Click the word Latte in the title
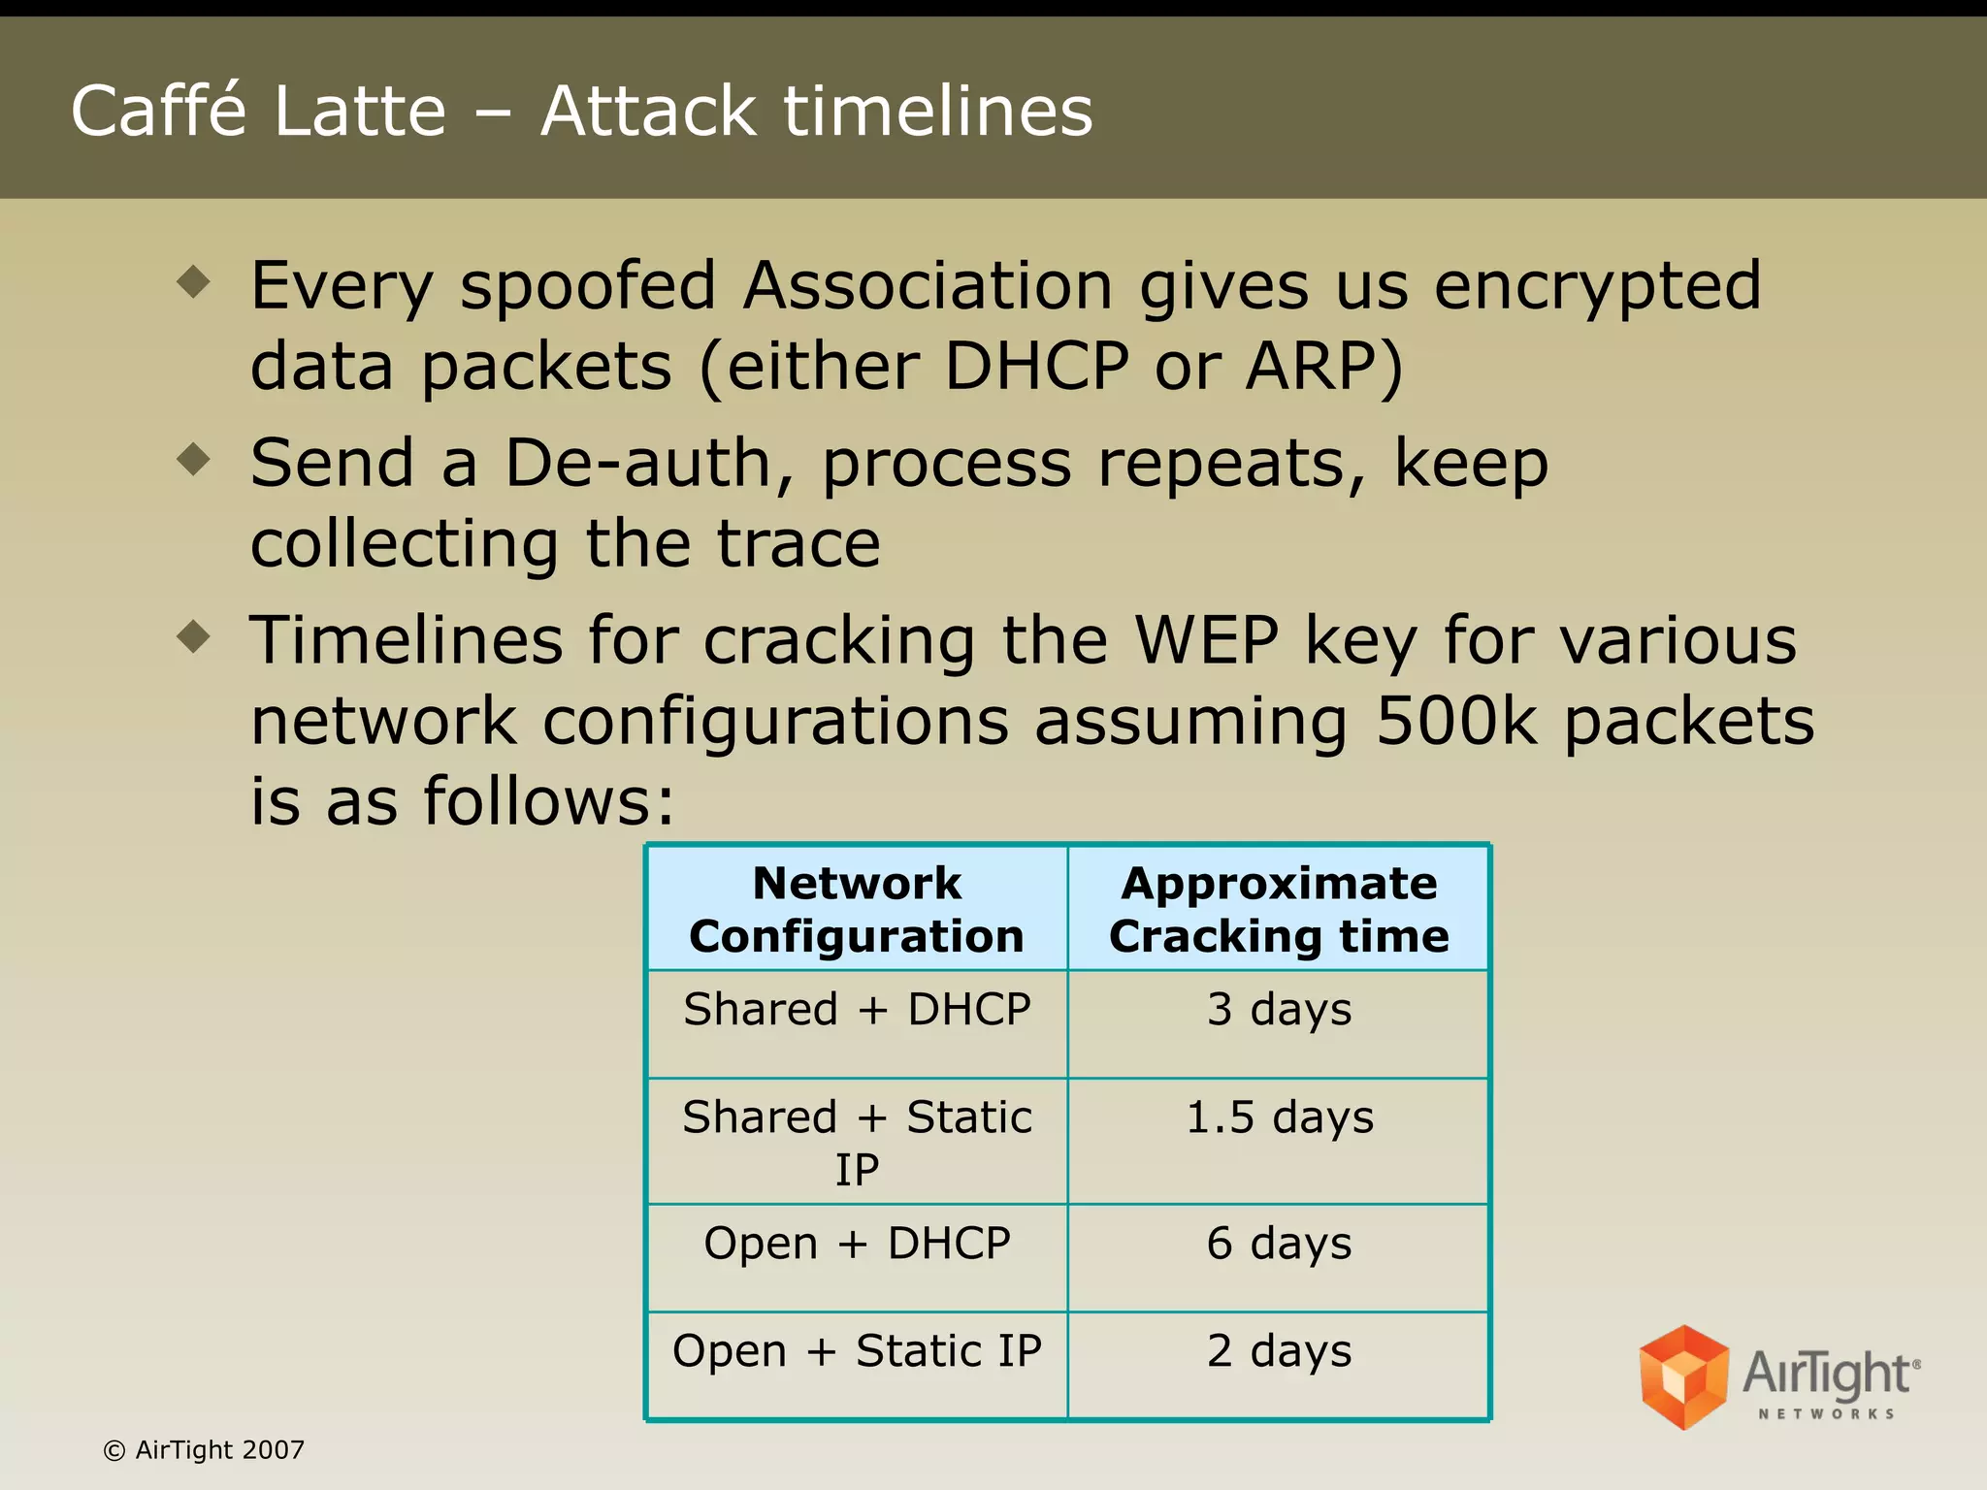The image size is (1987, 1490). pyautogui.click(x=359, y=111)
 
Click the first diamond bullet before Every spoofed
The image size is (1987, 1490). pyautogui.click(x=194, y=282)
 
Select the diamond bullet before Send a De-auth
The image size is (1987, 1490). pyautogui.click(x=194, y=459)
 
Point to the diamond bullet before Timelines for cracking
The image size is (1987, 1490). pyautogui.click(x=194, y=636)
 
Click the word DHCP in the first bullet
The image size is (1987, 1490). pyautogui.click(x=1036, y=367)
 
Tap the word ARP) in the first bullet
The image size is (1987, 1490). pyautogui.click(x=1324, y=367)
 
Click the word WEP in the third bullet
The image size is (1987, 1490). pyautogui.click(x=1207, y=640)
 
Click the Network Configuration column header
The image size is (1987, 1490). pyautogui.click(x=857, y=909)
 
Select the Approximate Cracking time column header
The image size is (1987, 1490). pyautogui.click(x=1279, y=909)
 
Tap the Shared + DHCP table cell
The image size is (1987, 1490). pyautogui.click(x=857, y=1010)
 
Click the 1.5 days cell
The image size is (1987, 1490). pyautogui.click(x=1279, y=1117)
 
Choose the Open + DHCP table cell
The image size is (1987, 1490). pyautogui.click(x=857, y=1244)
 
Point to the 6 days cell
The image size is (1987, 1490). pyautogui.click(x=1279, y=1244)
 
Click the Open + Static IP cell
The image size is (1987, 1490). pyautogui.click(x=857, y=1351)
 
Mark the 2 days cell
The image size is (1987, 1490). pyautogui.click(x=1279, y=1351)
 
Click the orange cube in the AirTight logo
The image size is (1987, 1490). pyautogui.click(x=1683, y=1377)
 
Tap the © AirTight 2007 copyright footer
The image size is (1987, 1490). pyautogui.click(x=204, y=1450)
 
